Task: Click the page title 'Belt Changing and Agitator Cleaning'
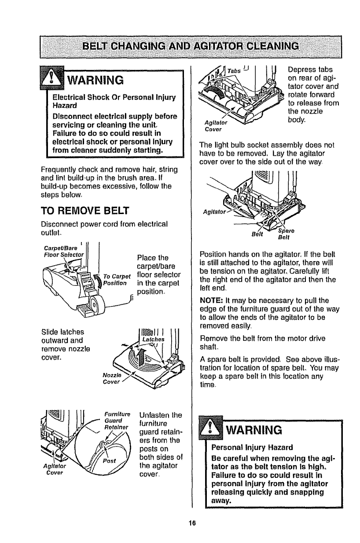(180, 46)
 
